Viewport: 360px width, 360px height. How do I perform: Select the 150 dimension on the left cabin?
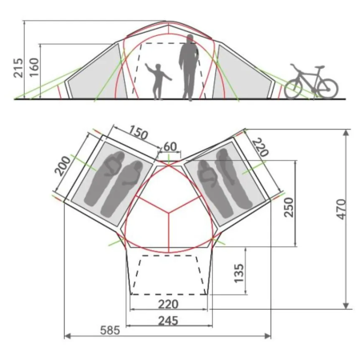(x=138, y=133)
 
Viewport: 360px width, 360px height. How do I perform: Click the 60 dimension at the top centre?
(x=169, y=146)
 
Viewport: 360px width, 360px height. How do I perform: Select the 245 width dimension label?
(x=167, y=321)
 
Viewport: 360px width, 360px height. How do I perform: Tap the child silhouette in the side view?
(x=158, y=80)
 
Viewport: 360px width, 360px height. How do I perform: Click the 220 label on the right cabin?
(x=261, y=147)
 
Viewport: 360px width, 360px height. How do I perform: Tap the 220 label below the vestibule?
(x=168, y=304)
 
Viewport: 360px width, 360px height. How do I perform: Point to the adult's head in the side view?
(x=190, y=39)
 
